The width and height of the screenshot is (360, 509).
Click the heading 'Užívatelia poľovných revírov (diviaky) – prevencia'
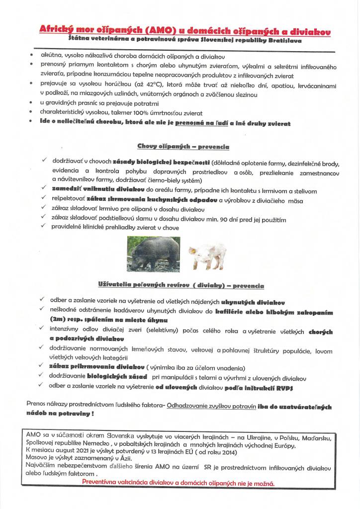(x=181, y=286)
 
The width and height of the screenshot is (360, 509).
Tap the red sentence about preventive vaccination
(x=178, y=483)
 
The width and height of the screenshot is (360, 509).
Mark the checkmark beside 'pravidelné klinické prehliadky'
(x=44, y=227)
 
